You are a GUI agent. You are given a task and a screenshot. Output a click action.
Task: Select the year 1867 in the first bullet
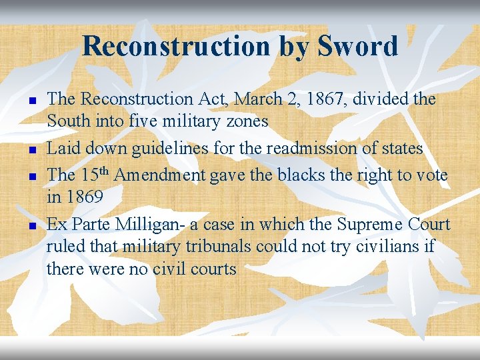pos(323,99)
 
